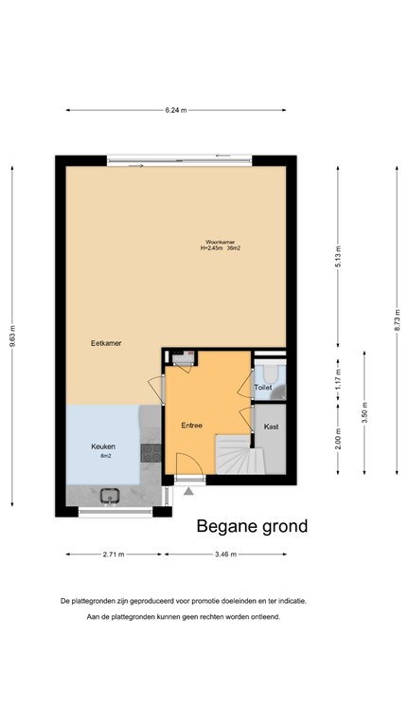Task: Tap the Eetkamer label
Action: [105, 342]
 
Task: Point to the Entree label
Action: [192, 426]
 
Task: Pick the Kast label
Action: [271, 426]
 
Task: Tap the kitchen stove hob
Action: [150, 454]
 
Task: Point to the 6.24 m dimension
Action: [175, 111]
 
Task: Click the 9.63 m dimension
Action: [13, 337]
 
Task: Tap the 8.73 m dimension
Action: [397, 320]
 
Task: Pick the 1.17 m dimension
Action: [338, 384]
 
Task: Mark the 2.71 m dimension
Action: [115, 554]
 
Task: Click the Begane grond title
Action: [252, 526]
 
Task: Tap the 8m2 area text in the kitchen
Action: [105, 456]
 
